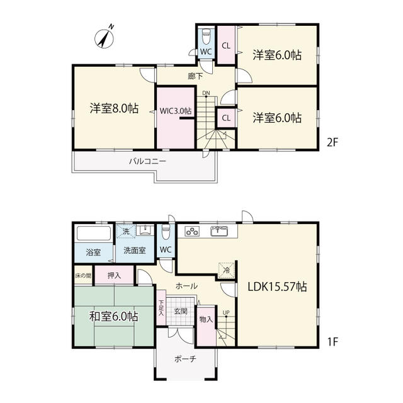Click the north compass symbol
104,38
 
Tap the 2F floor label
332,142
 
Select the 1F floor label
332,341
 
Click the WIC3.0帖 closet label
176,111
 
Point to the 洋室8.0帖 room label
114,108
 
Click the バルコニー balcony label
147,161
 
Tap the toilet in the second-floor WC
206,37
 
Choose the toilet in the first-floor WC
166,232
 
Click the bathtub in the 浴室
94,234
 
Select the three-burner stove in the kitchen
192,232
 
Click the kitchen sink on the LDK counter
219,231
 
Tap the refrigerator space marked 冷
227,270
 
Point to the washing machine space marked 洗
126,231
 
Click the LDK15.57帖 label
277,287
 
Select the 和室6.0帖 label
113,316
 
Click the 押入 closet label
114,276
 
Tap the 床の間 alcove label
83,276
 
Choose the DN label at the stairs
206,93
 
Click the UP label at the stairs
226,312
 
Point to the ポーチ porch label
185,359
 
